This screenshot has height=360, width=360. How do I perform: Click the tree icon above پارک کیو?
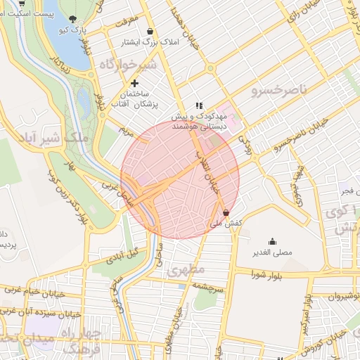click(x=73, y=19)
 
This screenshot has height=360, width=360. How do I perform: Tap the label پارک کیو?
click(x=73, y=32)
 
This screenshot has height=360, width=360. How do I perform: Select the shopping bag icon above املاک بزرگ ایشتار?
click(x=150, y=31)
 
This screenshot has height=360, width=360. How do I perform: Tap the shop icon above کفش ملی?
click(x=225, y=212)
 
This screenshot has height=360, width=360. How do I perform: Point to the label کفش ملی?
click(x=226, y=223)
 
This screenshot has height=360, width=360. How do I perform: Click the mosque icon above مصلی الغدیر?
click(x=272, y=240)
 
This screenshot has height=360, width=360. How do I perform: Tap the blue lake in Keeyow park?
click(x=67, y=46)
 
